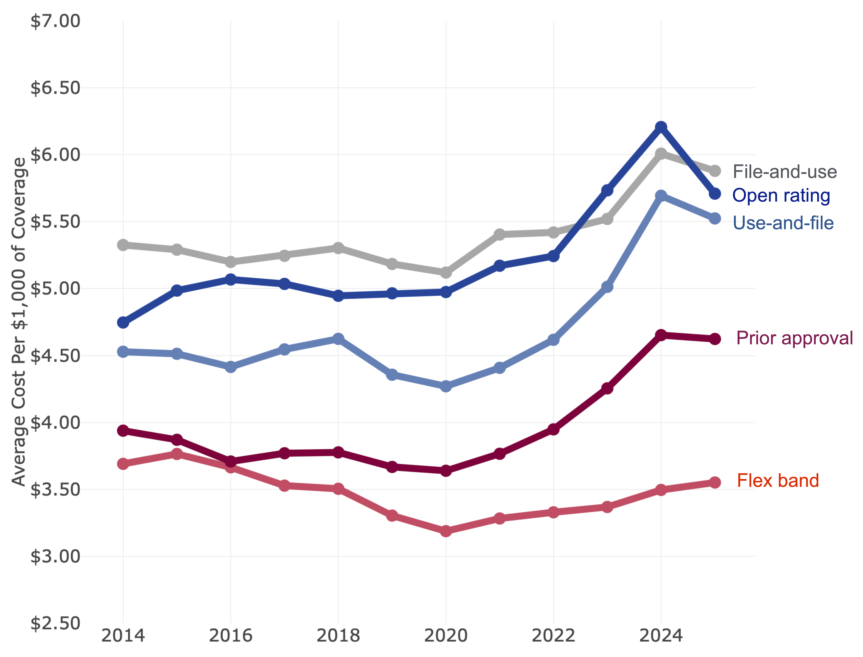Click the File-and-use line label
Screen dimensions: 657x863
tap(784, 172)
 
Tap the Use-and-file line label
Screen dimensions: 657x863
tap(783, 223)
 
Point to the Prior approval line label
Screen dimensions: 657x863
tap(794, 338)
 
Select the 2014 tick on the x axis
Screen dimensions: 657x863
tap(123, 635)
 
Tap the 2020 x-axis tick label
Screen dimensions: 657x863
tap(446, 635)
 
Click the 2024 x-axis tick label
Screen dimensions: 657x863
tap(661, 635)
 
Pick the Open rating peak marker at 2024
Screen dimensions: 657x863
tap(661, 127)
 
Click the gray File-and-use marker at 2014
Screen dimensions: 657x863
tap(123, 245)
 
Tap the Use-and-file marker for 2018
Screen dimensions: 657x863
tap(338, 338)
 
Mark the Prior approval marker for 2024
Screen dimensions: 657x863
tap(661, 335)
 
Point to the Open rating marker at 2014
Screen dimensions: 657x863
tap(123, 323)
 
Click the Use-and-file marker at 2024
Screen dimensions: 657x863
tap(661, 196)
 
